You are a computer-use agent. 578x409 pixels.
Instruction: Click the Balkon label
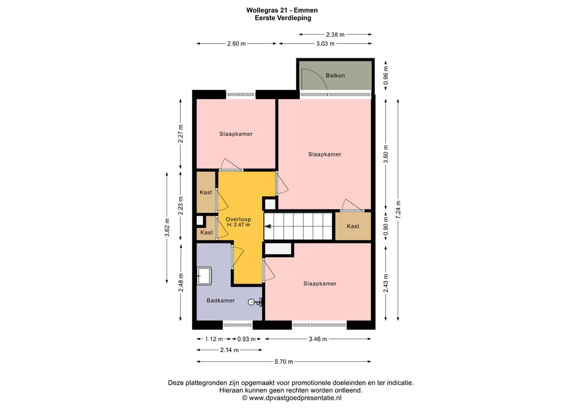[x=335, y=75]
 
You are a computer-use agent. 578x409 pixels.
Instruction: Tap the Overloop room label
[x=238, y=219]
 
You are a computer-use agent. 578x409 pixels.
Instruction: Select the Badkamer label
[x=220, y=301]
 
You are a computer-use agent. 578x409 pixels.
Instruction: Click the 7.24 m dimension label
[x=398, y=210]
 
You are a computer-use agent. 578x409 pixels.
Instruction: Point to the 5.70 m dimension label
[x=284, y=362]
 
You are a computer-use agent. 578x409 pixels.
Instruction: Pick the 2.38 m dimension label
[x=335, y=35]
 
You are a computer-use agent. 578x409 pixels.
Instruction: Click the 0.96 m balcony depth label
[x=386, y=75]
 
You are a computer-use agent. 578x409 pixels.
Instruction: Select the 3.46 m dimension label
[x=318, y=339]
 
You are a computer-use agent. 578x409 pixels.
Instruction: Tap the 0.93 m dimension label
[x=246, y=339]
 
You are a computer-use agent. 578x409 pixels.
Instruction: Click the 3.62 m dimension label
[x=167, y=228]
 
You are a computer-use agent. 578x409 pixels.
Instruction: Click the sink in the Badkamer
[x=204, y=276]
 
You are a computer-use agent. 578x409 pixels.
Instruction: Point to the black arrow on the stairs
[x=268, y=226]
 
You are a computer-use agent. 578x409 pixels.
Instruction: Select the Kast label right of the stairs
[x=353, y=226]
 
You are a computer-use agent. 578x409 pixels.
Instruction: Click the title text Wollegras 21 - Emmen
[x=282, y=10]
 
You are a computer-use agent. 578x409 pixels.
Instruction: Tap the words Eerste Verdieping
[x=283, y=18]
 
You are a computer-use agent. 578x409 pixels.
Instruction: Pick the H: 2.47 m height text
[x=238, y=225]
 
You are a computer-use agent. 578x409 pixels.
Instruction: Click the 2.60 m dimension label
[x=237, y=43]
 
